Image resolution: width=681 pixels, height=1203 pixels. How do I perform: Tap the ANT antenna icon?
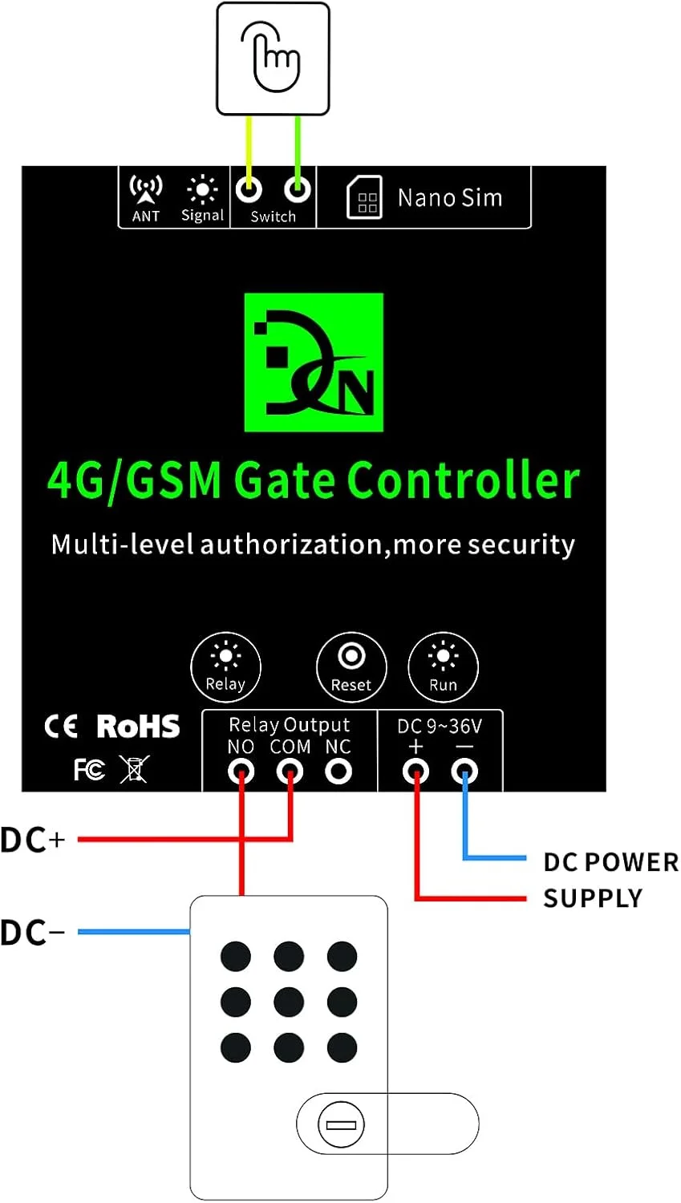[x=146, y=189]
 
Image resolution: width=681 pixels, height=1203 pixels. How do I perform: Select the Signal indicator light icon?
[x=202, y=190]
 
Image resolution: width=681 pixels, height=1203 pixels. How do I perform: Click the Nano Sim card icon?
[x=364, y=197]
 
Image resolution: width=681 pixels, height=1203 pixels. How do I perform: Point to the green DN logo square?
[x=314, y=363]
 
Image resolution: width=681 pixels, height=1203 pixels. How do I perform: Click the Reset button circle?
[x=351, y=666]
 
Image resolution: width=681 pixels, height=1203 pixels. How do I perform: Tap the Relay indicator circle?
[x=226, y=666]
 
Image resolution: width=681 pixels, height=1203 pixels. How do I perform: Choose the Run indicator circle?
[x=443, y=666]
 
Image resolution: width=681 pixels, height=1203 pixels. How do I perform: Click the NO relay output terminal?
[x=241, y=772]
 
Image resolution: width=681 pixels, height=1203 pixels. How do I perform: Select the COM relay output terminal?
[x=290, y=772]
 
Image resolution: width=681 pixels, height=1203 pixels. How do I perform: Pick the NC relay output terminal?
[x=338, y=772]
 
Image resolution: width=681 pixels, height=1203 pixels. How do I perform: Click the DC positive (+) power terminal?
[x=415, y=772]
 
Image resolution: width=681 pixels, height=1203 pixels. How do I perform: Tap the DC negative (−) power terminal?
[x=464, y=772]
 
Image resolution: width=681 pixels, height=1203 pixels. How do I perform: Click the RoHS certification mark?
[x=138, y=727]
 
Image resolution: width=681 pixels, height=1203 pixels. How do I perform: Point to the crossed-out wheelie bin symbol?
[x=134, y=769]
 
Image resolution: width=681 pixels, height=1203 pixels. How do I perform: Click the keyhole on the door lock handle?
[x=341, y=1124]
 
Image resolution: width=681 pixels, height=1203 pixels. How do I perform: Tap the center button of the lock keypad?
[x=289, y=1002]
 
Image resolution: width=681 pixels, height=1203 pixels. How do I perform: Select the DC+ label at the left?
[x=33, y=840]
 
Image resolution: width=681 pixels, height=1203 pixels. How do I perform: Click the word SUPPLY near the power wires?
[x=593, y=898]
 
